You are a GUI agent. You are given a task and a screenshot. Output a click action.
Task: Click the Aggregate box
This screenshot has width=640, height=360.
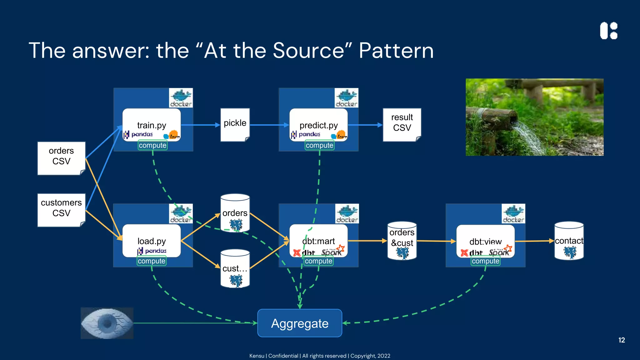coord(299,323)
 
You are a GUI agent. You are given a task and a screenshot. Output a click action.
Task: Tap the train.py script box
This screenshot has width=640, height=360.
coord(152,125)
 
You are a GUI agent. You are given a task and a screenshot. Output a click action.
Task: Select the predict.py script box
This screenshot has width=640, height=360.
coord(318,125)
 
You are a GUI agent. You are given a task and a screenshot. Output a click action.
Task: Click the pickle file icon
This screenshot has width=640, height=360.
coord(235,125)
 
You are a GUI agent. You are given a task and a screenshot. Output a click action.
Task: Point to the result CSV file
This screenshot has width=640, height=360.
coord(402,125)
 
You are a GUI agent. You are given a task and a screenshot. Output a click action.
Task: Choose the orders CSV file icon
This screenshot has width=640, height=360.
coord(61,158)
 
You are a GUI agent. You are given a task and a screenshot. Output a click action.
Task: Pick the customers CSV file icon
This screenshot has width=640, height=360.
coord(61,210)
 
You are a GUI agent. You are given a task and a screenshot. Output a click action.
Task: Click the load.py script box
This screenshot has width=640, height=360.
coord(152,241)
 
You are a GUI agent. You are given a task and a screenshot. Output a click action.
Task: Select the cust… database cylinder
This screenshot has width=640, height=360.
coord(235,268)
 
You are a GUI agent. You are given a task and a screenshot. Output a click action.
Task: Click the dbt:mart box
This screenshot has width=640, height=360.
coord(318,241)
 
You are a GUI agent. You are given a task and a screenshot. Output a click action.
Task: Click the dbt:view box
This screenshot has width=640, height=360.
coord(485,241)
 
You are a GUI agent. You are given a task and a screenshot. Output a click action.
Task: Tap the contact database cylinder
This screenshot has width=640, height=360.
coord(569,241)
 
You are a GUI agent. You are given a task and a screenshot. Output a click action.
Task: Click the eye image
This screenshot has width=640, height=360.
coord(107,323)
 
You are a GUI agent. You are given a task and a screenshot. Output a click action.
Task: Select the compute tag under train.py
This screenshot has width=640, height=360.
coord(152,145)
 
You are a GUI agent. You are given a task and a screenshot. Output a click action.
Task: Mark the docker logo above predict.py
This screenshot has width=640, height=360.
coord(346,98)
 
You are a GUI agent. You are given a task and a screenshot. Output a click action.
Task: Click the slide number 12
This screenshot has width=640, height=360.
coord(622,340)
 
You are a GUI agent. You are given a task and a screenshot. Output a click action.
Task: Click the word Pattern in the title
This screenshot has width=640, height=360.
coord(396,51)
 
